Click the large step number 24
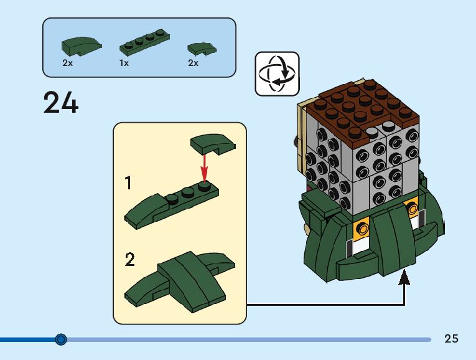[x=61, y=103]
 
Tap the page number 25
[x=452, y=339]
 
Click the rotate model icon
[x=277, y=73]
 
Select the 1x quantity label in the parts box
[x=124, y=63]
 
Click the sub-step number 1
[x=128, y=183]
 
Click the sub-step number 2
[x=129, y=259]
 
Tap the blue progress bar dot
[x=61, y=339]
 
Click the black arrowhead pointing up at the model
[x=404, y=277]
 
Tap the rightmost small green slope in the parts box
[x=202, y=48]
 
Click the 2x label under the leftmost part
[x=68, y=63]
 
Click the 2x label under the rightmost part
[x=194, y=63]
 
